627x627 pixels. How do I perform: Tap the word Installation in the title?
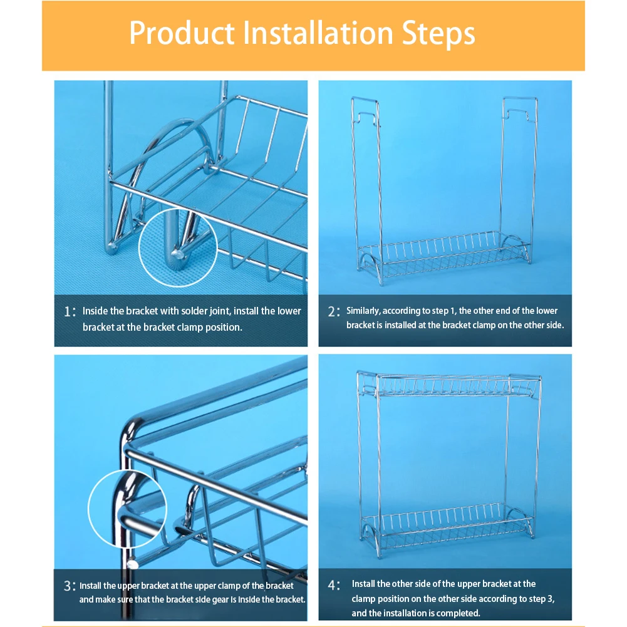(318, 32)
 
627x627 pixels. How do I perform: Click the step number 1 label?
(70, 311)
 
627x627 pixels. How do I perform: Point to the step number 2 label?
(334, 311)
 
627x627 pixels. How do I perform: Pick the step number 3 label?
(70, 586)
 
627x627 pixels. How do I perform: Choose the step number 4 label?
(334, 585)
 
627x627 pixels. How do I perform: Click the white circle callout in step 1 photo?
(178, 209)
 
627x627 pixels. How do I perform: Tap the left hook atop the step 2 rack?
(365, 113)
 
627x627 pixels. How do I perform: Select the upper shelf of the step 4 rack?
(448, 384)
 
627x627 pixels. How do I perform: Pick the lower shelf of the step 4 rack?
(448, 528)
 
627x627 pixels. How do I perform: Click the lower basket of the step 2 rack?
(445, 256)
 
